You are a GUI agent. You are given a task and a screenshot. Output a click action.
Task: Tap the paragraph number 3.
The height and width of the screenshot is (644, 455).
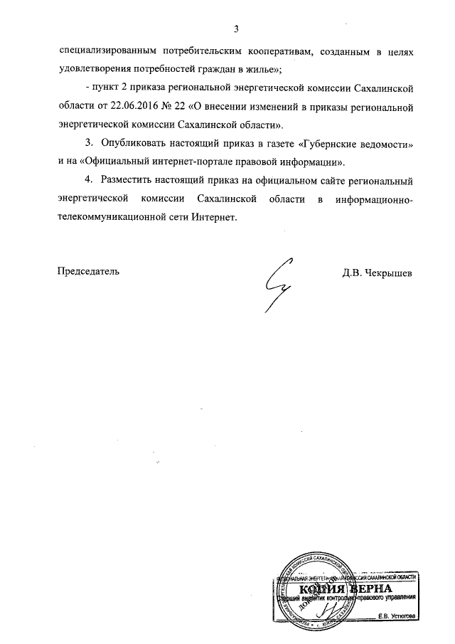[88, 144]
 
